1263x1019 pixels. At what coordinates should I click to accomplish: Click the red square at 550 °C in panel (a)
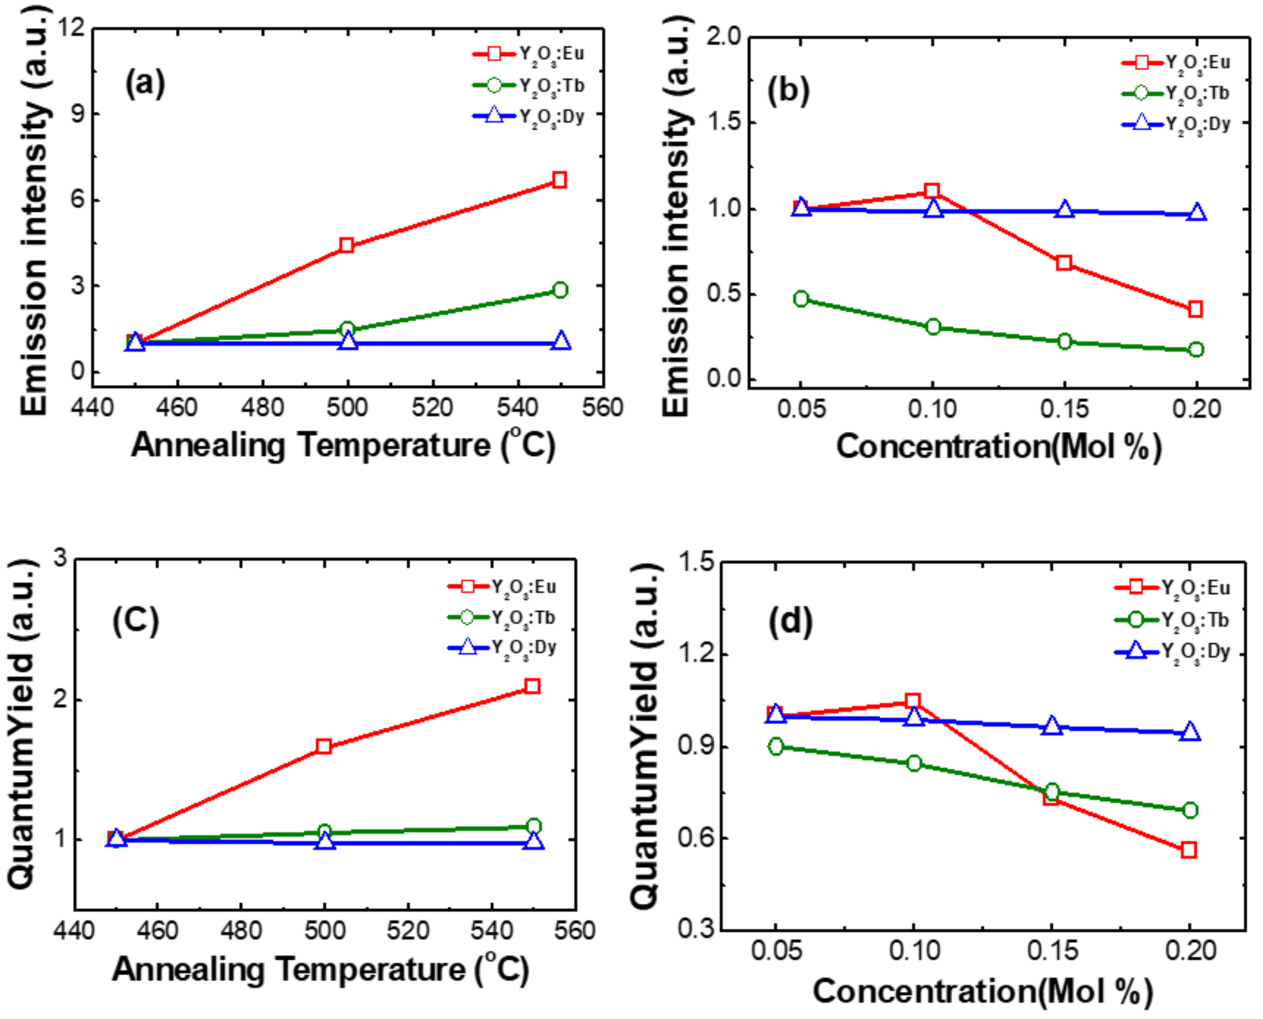point(559,180)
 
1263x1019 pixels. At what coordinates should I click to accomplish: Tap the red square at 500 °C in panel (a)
point(347,246)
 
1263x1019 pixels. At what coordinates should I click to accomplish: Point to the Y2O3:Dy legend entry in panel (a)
point(528,116)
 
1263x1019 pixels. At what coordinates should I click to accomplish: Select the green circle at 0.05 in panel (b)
point(801,298)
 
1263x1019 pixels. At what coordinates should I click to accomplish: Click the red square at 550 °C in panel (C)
point(533,686)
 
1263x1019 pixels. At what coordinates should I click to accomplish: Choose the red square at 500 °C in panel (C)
point(324,746)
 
